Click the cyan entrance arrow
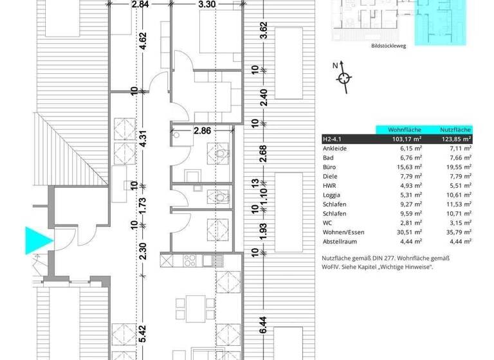[39, 239]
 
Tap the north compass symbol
[344, 78]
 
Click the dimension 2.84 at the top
[140, 5]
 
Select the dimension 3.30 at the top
[207, 5]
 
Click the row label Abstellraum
[340, 241]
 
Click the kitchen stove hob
[191, 260]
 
